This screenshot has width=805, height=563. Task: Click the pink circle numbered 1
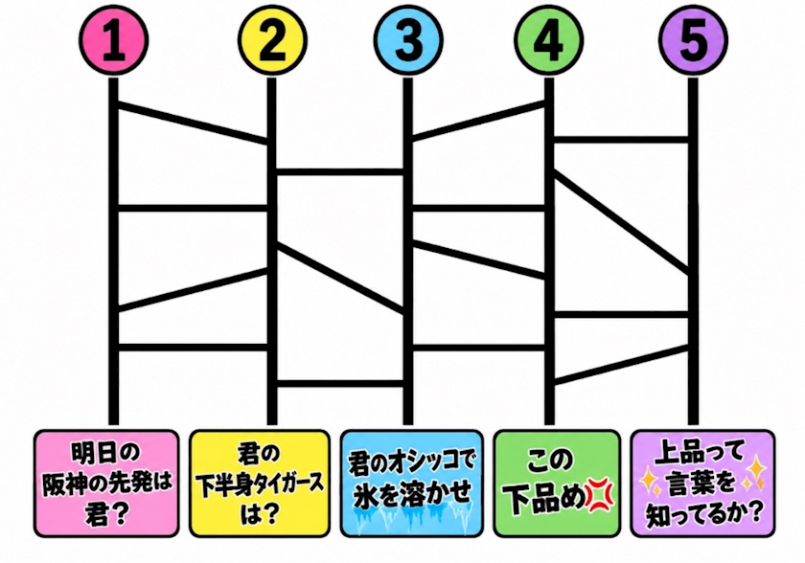tap(113, 40)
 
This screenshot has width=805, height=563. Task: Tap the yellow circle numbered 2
tap(272, 40)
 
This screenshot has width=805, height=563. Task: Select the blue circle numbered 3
tap(408, 40)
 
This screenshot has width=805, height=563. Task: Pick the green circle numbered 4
tap(549, 40)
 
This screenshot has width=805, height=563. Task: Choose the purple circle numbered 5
tap(693, 40)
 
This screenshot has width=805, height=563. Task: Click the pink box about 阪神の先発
tap(106, 484)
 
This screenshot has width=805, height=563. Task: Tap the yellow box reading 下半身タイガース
tap(260, 484)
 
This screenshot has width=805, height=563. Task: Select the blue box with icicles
tap(412, 484)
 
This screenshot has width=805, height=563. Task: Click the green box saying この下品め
tap(557, 484)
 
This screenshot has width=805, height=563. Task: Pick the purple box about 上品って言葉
tap(702, 484)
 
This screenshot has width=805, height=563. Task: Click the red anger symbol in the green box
tap(599, 497)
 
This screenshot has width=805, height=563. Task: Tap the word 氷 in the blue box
tap(365, 495)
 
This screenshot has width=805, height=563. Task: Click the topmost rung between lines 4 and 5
tap(621, 140)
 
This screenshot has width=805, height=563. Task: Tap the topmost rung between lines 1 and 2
tap(193, 124)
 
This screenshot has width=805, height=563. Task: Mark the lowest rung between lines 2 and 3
tap(340, 384)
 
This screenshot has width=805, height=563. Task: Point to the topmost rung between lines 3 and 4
tap(478, 121)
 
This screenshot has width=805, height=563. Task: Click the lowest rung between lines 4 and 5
tap(621, 365)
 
